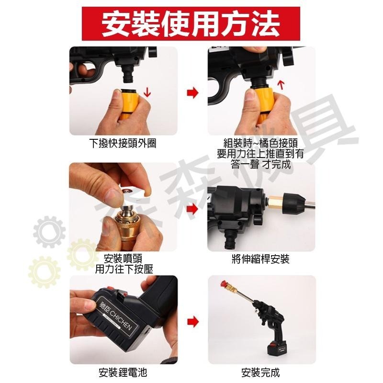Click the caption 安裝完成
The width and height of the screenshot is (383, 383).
(261, 372)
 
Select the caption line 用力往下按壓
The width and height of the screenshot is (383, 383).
(124, 270)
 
